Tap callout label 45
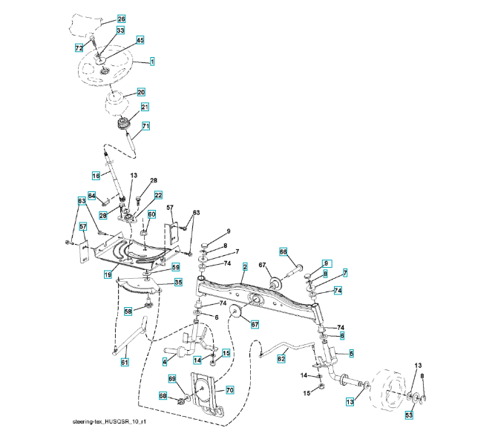[140, 39]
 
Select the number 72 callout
[79, 47]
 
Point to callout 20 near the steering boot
[140, 93]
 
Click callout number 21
[145, 107]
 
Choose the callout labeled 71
[146, 126]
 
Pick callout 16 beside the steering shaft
[96, 176]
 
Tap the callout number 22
[158, 195]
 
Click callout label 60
[151, 214]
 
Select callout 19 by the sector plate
[108, 275]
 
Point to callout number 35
[178, 283]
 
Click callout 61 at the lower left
[125, 362]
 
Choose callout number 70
[230, 389]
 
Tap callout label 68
[163, 397]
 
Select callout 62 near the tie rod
[281, 359]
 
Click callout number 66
[283, 251]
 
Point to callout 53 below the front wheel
[409, 415]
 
